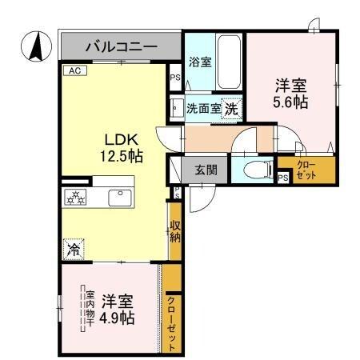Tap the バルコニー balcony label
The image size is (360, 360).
121,46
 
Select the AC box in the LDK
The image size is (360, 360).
74,70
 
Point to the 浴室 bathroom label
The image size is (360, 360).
200,61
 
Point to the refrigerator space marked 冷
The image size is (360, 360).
73,249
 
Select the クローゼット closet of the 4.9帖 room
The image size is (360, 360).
172,322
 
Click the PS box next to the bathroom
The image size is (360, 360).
174,78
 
